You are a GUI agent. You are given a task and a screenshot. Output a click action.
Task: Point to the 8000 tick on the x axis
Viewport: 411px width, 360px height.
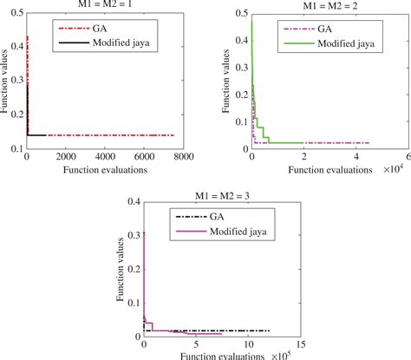[198, 157]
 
